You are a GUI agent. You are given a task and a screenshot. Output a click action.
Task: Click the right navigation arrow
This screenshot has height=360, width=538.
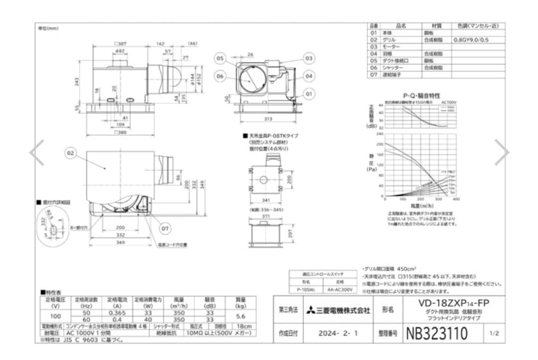pos(501,153)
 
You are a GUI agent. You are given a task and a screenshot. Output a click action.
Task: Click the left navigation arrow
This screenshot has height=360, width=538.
pos(36,153)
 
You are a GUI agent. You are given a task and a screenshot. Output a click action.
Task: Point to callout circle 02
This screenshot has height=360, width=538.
pos(70,153)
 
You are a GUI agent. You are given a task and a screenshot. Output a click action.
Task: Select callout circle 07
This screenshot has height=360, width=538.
pos(165,229)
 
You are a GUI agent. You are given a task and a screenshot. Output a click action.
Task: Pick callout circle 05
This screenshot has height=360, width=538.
pos(220,58)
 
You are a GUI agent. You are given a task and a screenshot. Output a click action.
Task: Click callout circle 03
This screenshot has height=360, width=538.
pos(309,58)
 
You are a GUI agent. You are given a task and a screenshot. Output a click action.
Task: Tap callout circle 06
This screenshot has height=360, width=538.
pos(220,76)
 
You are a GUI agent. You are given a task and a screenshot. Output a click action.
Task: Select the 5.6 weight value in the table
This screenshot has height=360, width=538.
pos(240,316)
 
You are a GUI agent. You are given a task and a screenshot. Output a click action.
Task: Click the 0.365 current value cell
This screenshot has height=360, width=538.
pos(117,312)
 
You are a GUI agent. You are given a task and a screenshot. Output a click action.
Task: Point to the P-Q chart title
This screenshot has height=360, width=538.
pos(421,95)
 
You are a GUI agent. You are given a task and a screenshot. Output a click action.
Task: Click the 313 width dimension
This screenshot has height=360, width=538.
pos(269,119)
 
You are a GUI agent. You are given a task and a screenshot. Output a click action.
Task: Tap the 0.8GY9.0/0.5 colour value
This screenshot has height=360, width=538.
pos(471,39)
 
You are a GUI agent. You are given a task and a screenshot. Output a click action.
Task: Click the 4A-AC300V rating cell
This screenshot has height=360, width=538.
pos(340,289)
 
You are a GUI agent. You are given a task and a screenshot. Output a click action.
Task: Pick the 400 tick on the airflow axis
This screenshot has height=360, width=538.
pos(456,199)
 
